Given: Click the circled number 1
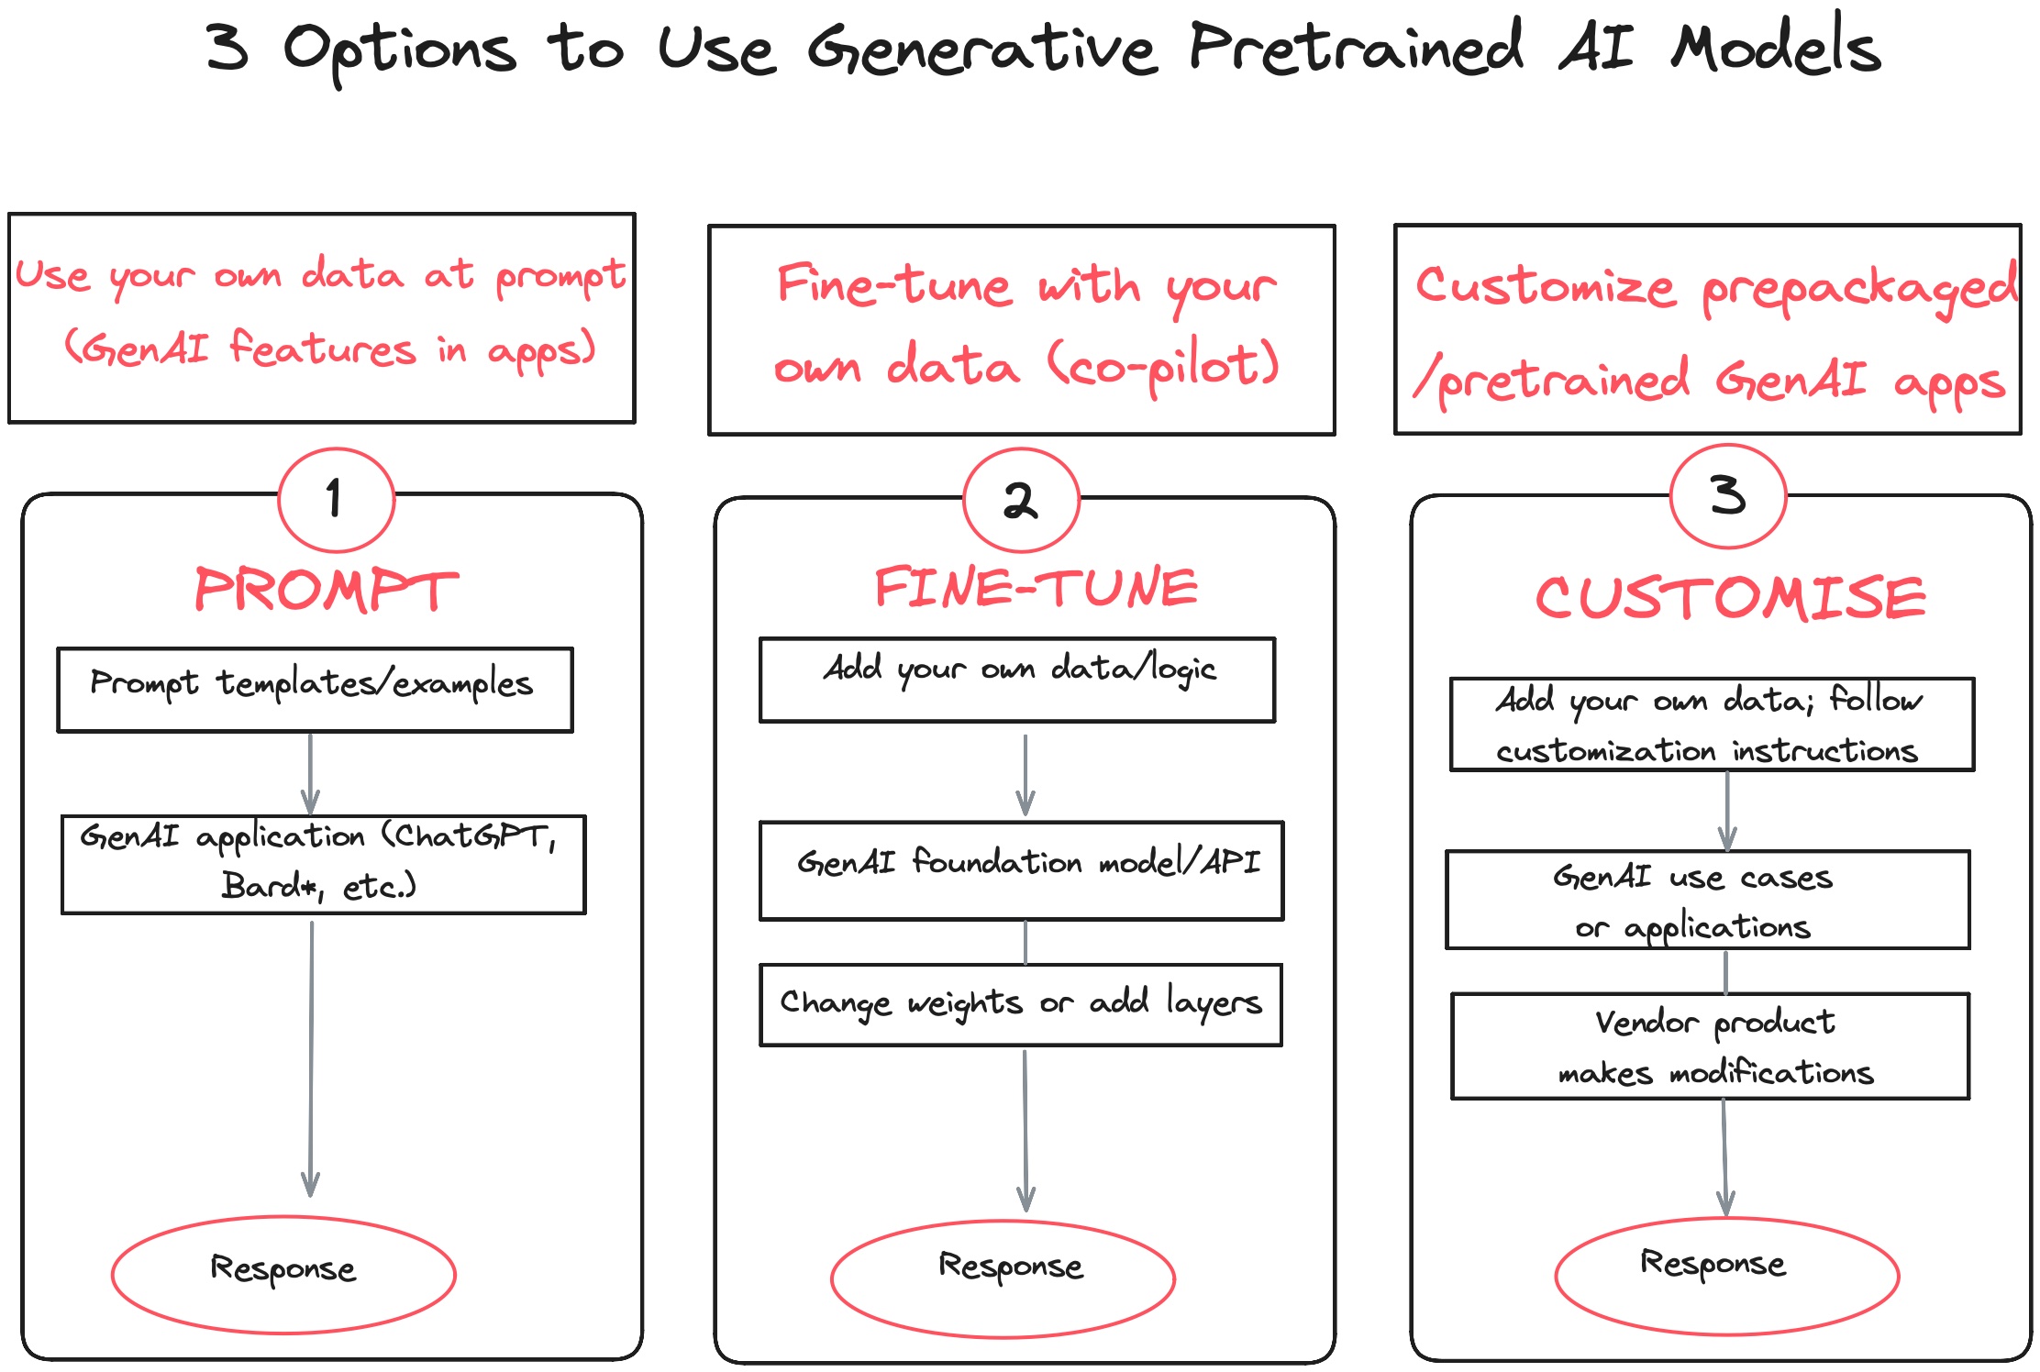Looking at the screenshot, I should (x=336, y=500).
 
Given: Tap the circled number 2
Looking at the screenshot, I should (x=1021, y=501).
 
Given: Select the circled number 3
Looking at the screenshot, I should (x=1728, y=496).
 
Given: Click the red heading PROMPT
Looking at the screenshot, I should (x=326, y=590).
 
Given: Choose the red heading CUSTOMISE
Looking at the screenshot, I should (x=1730, y=598).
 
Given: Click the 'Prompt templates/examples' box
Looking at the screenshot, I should (x=315, y=690).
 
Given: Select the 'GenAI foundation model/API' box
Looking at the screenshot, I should (x=1021, y=870).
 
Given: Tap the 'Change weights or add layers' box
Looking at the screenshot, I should (x=1021, y=1004).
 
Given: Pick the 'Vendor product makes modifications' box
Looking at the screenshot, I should (x=1711, y=1046).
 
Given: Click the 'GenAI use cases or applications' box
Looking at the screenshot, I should (x=1707, y=900).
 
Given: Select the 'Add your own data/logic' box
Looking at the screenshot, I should (x=1017, y=680).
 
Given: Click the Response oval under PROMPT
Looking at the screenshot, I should (x=283, y=1274).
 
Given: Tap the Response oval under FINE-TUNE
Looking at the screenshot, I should (x=1003, y=1278).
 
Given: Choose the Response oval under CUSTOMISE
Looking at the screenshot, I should (x=1726, y=1275).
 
